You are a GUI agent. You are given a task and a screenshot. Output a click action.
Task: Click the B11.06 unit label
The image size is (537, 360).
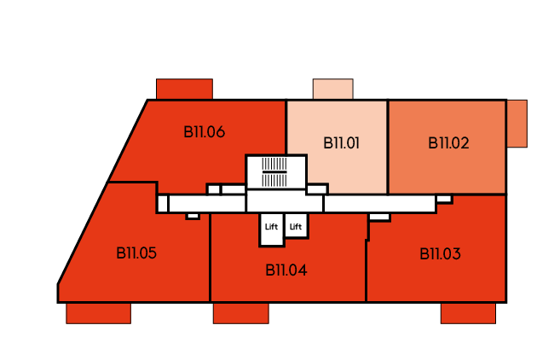tap(204, 132)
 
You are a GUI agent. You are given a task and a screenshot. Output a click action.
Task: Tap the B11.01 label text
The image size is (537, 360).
tap(342, 143)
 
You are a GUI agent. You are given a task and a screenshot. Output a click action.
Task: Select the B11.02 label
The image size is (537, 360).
tap(448, 143)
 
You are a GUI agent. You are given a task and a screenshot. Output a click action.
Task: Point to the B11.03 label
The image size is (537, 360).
tap(440, 253)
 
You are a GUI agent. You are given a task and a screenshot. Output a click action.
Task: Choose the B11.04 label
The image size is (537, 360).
tap(286, 270)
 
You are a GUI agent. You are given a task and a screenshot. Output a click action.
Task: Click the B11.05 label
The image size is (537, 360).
tap(136, 253)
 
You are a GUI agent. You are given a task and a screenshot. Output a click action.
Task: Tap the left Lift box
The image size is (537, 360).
tap(272, 229)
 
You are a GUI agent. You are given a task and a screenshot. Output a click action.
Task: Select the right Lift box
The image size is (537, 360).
tap(296, 225)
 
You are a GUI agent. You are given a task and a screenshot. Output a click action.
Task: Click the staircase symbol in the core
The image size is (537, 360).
tap(274, 172)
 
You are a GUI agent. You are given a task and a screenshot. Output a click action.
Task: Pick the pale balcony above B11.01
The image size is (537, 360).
tap(333, 89)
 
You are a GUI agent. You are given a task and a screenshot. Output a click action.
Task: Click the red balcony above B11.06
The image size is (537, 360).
tap(184, 89)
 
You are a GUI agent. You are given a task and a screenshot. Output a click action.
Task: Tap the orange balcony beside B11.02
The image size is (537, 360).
tap(517, 124)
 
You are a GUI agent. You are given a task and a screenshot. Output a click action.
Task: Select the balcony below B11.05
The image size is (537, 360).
tap(98, 313)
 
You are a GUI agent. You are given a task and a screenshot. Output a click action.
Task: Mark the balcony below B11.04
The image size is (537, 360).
tap(241, 313)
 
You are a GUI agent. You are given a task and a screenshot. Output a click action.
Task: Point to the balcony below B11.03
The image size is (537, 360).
tap(468, 313)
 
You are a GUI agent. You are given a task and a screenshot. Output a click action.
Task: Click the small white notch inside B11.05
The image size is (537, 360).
tap(193, 216)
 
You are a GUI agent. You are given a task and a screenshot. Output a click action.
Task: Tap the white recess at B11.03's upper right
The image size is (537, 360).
tap(444, 199)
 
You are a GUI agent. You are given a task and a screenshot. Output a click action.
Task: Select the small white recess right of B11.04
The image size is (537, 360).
tap(379, 217)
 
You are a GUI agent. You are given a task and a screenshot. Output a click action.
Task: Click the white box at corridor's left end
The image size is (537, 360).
tap(163, 204)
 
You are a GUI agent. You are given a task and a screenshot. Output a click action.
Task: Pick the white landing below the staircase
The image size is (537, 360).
tap(285, 201)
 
